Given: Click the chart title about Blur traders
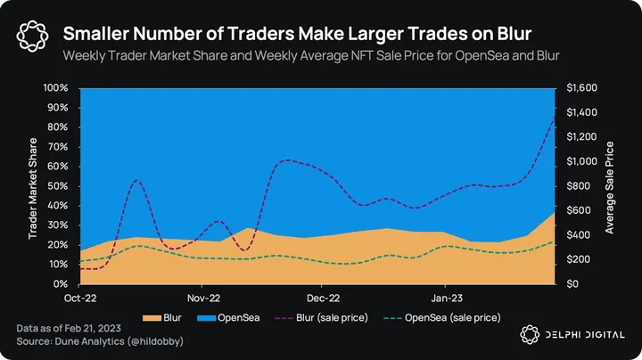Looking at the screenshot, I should tap(297, 34).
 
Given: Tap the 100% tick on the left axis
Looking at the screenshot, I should tap(56, 88).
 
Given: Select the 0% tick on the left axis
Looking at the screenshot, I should tap(62, 284).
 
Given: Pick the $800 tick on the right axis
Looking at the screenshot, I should tap(576, 186).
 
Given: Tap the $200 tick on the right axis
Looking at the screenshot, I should tap(576, 259).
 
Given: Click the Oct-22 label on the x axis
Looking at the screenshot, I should tap(80, 299).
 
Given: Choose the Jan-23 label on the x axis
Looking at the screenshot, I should tap(445, 299).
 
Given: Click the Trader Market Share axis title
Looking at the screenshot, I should tap(33, 186).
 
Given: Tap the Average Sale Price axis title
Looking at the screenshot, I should tap(610, 186).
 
